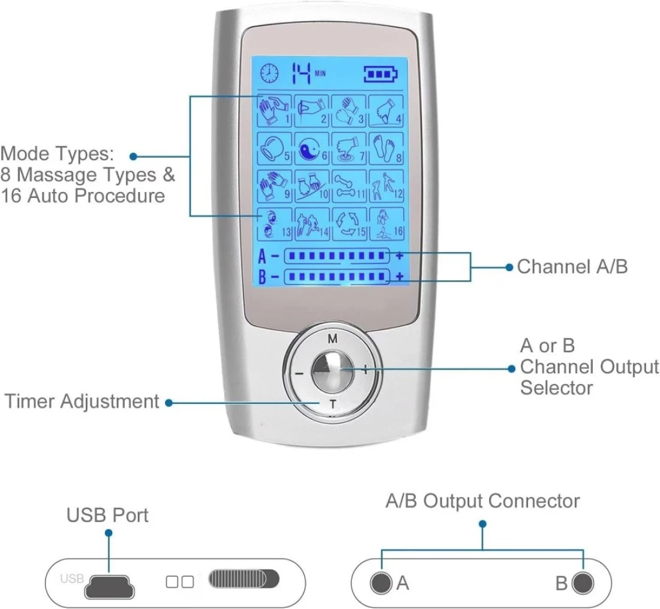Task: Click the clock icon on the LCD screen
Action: (x=269, y=73)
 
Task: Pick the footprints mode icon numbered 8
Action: (x=385, y=148)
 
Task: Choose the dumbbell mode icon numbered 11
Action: (x=349, y=185)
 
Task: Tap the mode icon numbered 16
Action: (x=385, y=223)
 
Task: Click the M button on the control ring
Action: (x=332, y=339)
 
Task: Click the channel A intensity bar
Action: (x=337, y=256)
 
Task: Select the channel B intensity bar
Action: (x=337, y=277)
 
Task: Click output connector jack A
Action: (x=380, y=583)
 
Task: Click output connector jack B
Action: (x=582, y=583)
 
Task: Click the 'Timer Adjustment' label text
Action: (x=82, y=401)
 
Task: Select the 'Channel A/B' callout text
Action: (x=572, y=266)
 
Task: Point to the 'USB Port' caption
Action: (x=107, y=515)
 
